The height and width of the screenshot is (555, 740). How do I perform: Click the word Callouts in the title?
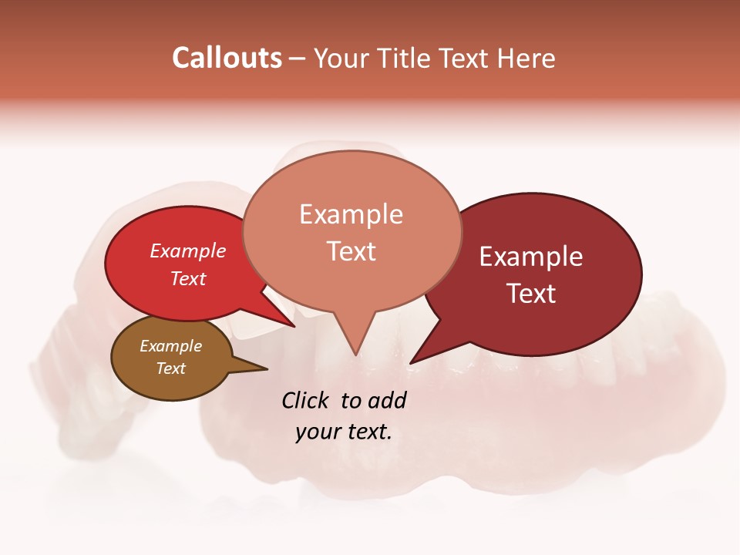pos(227,58)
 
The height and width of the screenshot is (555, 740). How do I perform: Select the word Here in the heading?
pos(526,58)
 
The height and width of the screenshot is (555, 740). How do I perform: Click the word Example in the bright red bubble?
pos(188,251)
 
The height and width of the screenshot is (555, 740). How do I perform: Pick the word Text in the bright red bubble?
pos(188,278)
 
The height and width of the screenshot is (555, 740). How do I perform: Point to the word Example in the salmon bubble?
pos(351,214)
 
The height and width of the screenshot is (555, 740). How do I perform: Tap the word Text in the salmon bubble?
pos(351,251)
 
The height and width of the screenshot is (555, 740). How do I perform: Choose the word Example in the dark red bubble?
pos(531,257)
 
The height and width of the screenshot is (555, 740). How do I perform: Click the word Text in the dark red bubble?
pos(531,293)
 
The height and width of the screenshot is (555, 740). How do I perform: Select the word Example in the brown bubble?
pos(170,346)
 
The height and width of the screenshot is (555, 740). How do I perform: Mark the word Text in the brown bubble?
pos(170,368)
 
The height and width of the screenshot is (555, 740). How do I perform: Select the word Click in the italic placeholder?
pos(305,400)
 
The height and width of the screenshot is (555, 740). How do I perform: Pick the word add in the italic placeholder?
pos(387,400)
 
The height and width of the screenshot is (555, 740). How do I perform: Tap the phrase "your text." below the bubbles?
pos(344,432)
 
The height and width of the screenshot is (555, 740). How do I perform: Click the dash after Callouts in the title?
pos(298,58)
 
